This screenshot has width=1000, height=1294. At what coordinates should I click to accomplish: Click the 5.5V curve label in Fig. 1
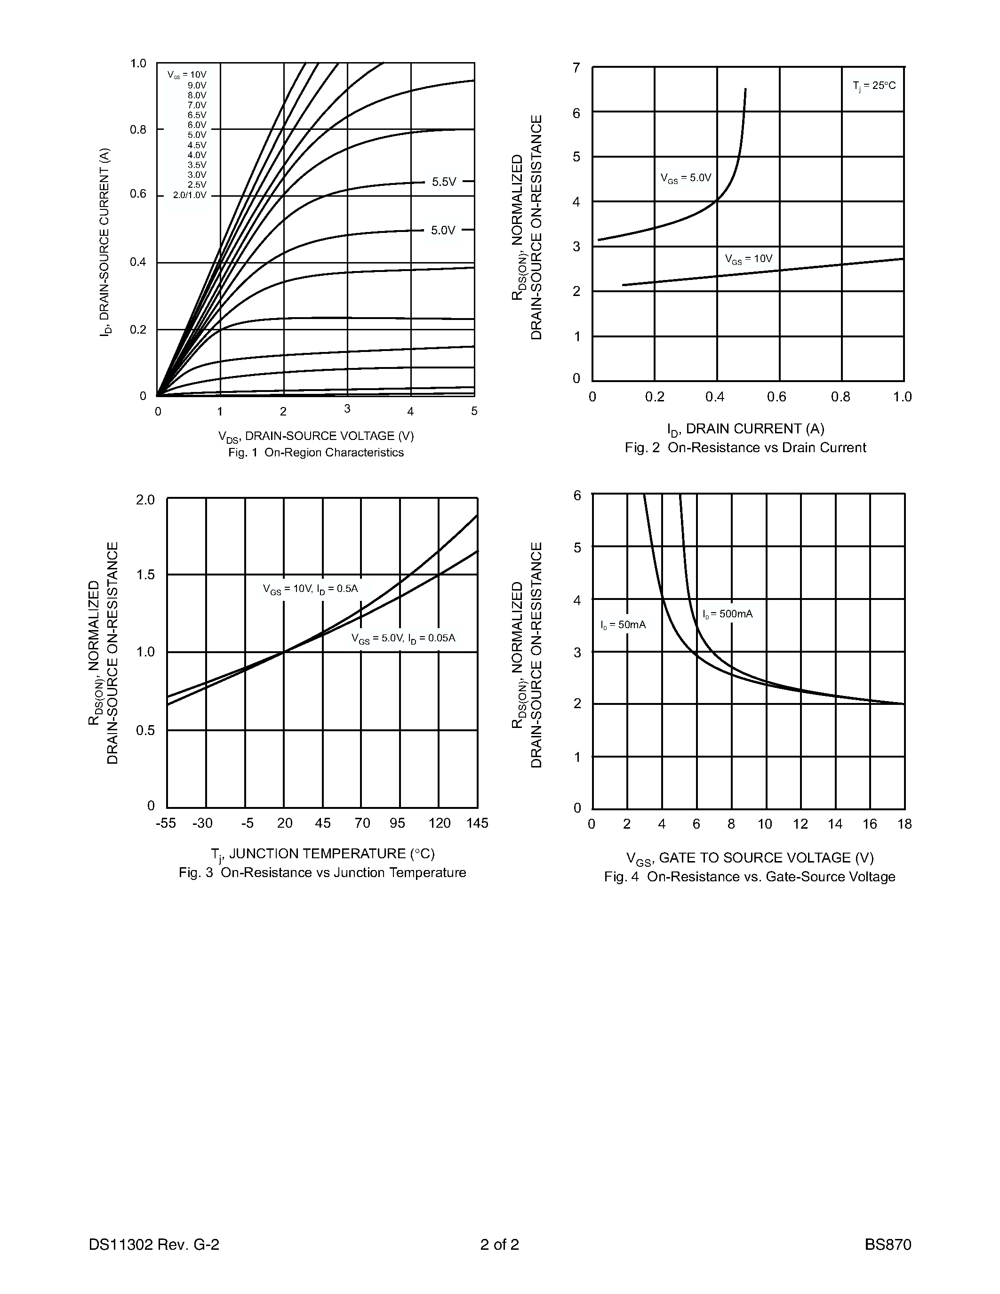[x=444, y=182]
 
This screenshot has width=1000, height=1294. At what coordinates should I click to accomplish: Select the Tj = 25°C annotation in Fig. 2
[x=874, y=86]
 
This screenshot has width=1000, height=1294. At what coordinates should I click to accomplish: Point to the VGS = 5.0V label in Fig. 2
[x=686, y=178]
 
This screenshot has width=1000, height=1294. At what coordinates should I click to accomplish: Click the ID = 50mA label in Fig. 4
[x=623, y=625]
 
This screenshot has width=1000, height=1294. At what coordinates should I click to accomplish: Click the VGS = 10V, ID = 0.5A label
[x=311, y=589]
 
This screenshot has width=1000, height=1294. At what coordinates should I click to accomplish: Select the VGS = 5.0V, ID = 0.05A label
[x=403, y=639]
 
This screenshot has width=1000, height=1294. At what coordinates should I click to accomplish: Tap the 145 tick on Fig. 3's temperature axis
[x=477, y=823]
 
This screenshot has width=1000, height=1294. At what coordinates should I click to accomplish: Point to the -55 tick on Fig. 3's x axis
[x=166, y=823]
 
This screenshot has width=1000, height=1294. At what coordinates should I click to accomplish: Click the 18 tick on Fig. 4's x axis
[x=904, y=824]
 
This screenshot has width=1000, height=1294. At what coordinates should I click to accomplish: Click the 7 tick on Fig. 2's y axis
[x=576, y=68]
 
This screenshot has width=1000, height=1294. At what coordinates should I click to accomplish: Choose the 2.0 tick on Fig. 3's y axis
[x=145, y=500]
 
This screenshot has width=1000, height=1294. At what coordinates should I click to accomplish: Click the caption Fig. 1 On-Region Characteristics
[x=316, y=453]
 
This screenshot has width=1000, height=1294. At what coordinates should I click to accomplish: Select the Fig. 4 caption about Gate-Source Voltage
[x=749, y=877]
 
